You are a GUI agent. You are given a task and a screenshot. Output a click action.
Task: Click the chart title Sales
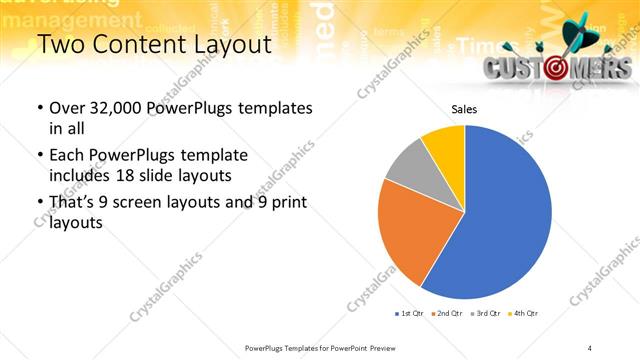tap(464, 110)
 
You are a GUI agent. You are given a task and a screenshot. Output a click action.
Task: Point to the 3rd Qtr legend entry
tap(485, 314)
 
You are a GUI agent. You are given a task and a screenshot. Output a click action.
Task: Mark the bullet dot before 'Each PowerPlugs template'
tap(39, 156)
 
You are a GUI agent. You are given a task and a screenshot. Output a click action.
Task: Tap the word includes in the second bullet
tap(80, 175)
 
